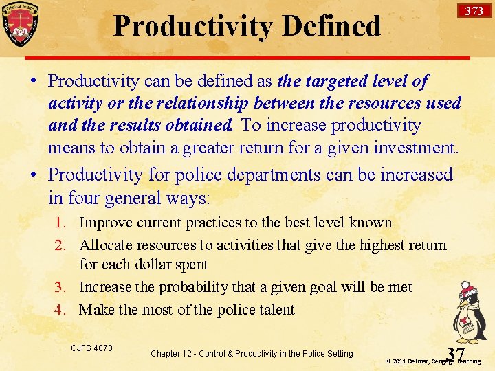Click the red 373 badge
(474, 10)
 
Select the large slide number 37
(455, 354)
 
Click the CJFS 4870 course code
(91, 348)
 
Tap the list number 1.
(61, 223)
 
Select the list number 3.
(61, 287)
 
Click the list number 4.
(61, 310)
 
